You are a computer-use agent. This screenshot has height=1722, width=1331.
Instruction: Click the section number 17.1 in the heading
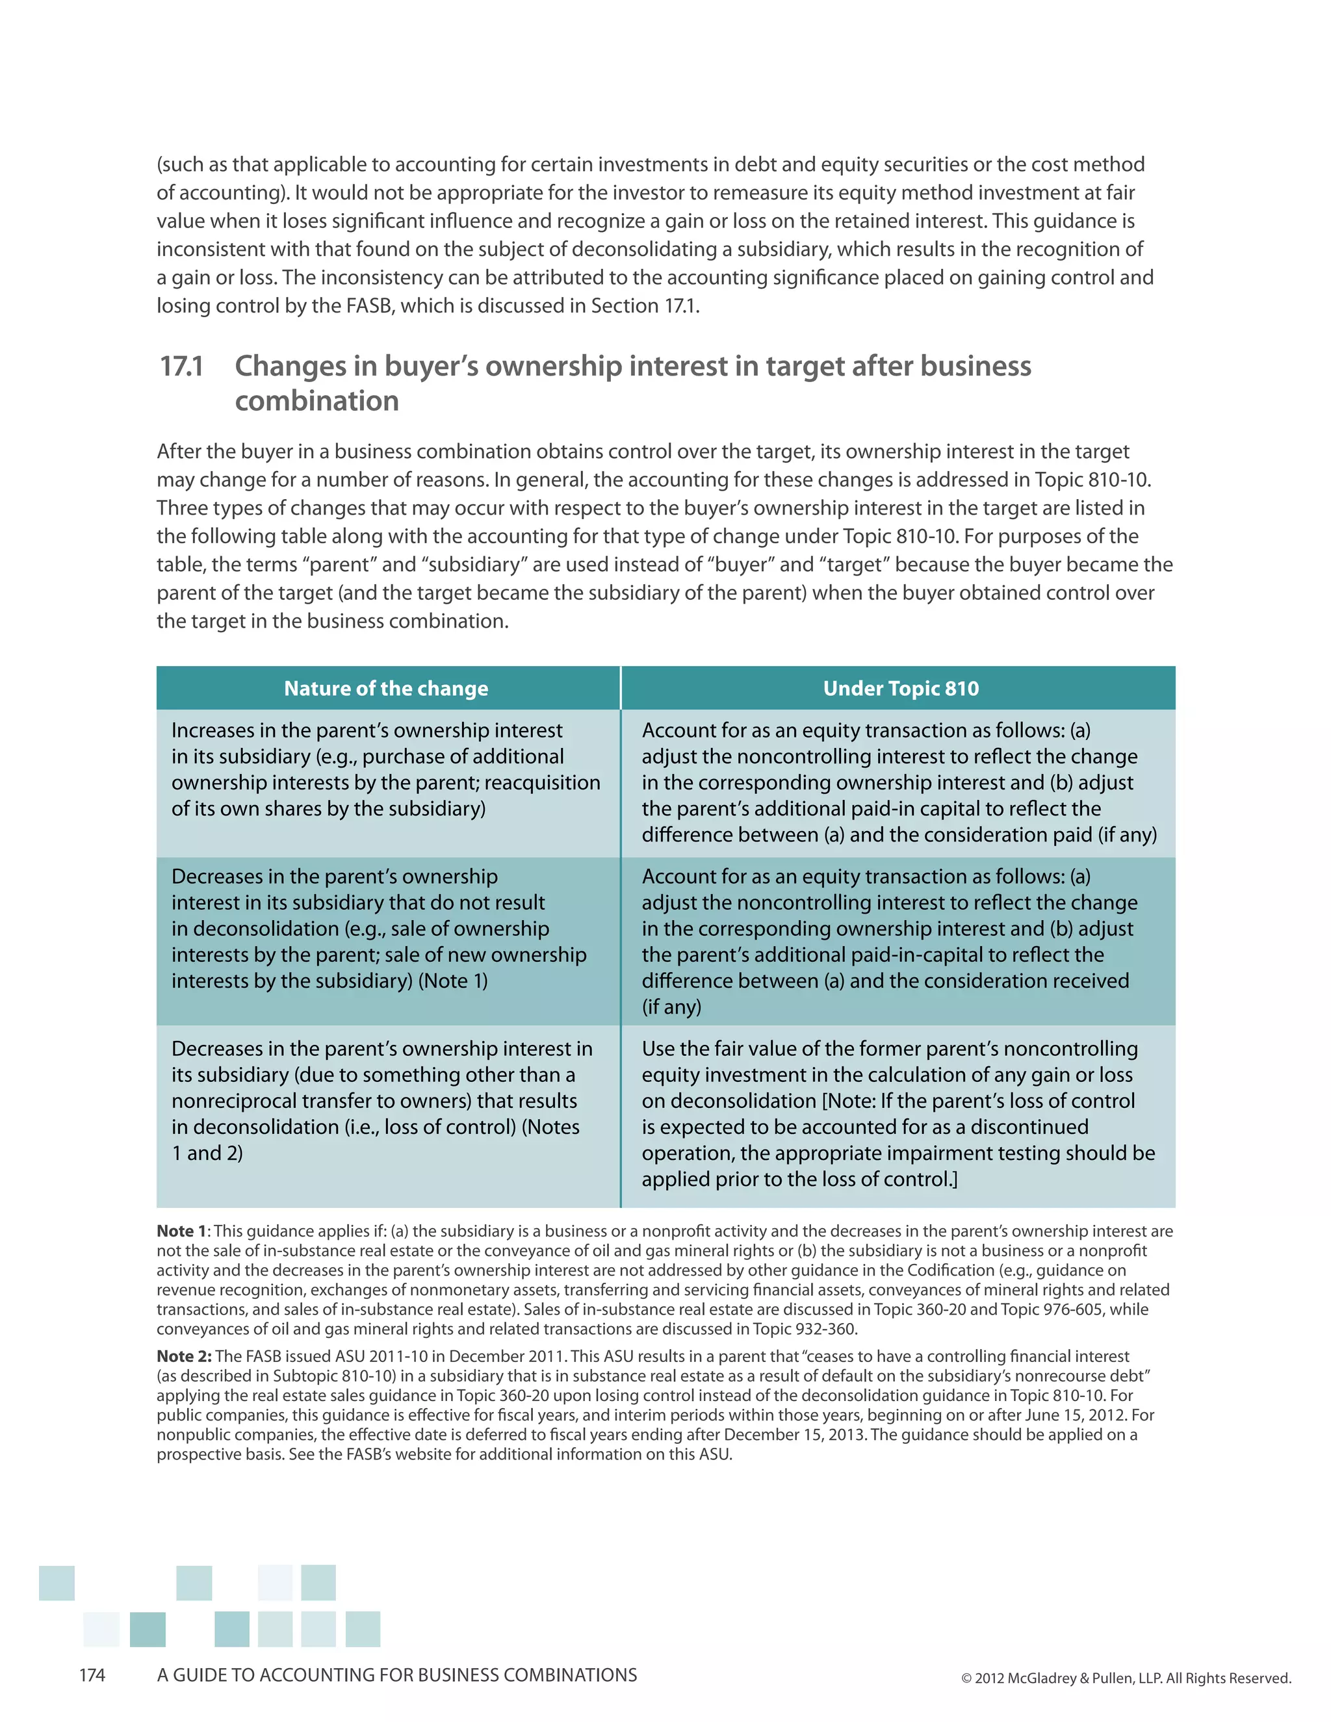[182, 366]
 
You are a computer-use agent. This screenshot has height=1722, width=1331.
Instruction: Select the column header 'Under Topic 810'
[901, 688]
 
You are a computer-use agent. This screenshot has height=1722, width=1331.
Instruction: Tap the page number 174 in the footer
[92, 1675]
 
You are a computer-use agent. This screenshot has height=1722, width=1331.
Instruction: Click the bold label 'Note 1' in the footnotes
[181, 1231]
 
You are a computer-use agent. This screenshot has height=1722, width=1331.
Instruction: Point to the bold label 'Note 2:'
[184, 1356]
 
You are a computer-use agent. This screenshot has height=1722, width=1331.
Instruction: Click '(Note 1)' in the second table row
[452, 981]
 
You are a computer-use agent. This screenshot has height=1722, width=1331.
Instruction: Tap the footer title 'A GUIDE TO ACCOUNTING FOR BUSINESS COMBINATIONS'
[396, 1675]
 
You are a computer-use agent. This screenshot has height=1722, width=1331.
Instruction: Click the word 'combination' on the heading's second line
[317, 402]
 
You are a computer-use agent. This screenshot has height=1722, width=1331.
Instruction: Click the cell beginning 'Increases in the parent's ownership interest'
[387, 769]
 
